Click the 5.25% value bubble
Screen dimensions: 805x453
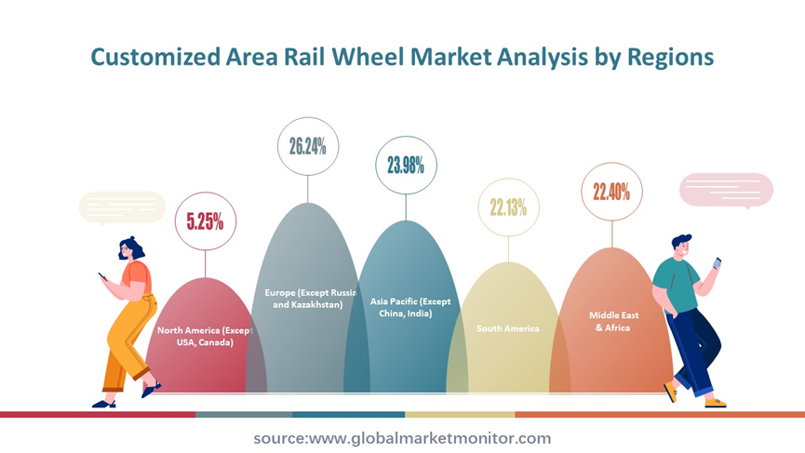(206, 221)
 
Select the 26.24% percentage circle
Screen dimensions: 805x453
(308, 146)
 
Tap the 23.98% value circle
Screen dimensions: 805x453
(406, 166)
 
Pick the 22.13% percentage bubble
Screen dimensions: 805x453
(509, 207)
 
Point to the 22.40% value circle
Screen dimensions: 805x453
(612, 192)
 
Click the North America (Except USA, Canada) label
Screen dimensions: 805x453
(206, 337)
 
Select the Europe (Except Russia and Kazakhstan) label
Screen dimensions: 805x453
(310, 299)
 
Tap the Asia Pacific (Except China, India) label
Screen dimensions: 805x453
(410, 307)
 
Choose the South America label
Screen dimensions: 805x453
(508, 328)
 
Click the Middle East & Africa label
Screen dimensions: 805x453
(613, 322)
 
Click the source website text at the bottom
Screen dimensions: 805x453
(402, 438)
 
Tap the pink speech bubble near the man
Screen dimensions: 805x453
(726, 191)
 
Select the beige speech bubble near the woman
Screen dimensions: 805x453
(122, 207)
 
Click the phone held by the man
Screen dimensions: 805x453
(717, 263)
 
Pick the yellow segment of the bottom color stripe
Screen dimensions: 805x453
(460, 415)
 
